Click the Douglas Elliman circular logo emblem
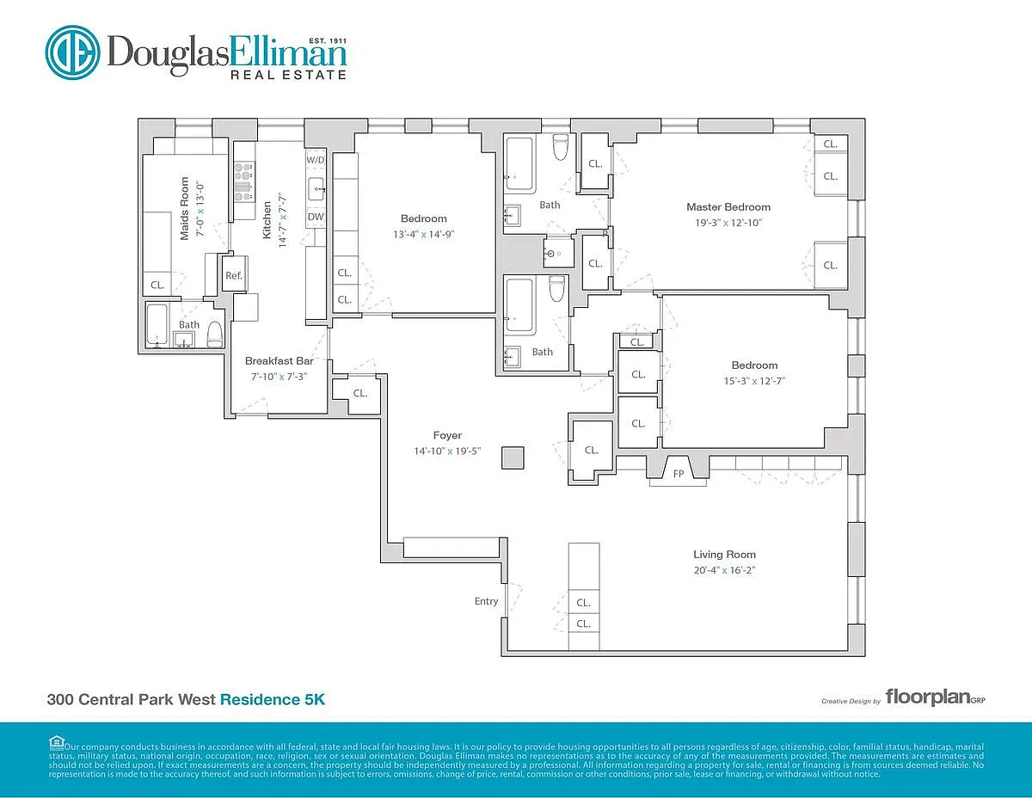[x=72, y=52]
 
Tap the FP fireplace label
[x=679, y=474]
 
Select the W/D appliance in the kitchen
[x=316, y=159]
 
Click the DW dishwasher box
[x=316, y=217]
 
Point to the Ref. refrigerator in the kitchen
[x=234, y=274]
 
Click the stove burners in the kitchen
[x=244, y=182]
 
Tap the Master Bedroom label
[x=728, y=207]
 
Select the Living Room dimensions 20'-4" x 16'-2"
[x=724, y=570]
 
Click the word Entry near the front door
[x=486, y=601]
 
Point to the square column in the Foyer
[x=513, y=458]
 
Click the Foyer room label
[x=447, y=435]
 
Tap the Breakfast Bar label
[x=279, y=361]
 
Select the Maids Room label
[x=184, y=208]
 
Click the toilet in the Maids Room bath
[x=215, y=335]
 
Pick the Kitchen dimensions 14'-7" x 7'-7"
[x=283, y=220]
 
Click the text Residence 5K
[x=273, y=699]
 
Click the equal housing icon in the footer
[x=56, y=742]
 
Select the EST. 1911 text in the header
[x=327, y=40]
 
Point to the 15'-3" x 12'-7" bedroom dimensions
[x=754, y=381]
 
